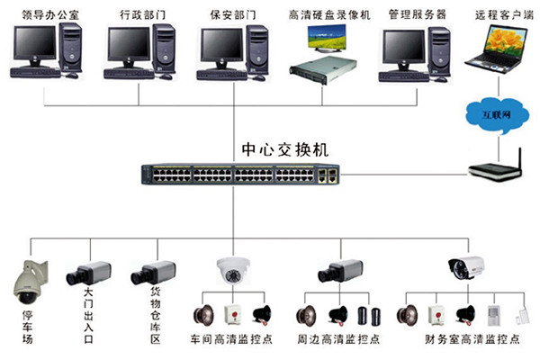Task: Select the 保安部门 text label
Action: (231, 15)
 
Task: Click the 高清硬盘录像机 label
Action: (328, 15)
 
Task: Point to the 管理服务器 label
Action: (417, 15)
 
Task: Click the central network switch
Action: (243, 172)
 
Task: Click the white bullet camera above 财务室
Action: (465, 267)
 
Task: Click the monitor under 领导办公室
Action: (33, 46)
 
